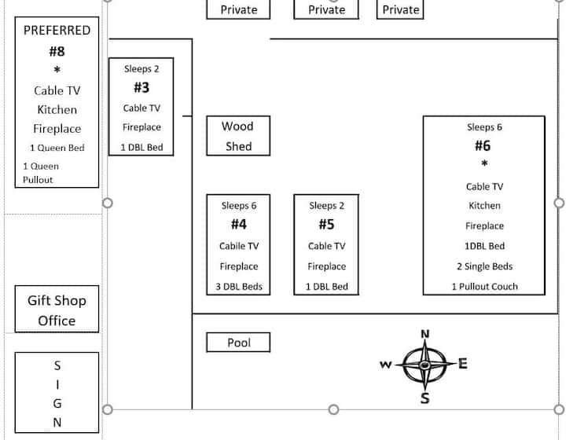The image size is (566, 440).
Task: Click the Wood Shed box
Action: (x=238, y=136)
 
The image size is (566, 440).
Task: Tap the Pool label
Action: (x=239, y=343)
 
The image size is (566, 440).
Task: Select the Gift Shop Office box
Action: (x=57, y=310)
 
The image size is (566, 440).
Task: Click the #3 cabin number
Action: (x=141, y=88)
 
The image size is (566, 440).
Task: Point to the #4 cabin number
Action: (x=239, y=225)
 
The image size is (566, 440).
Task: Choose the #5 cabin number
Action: (x=326, y=225)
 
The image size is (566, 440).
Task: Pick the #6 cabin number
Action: (x=483, y=146)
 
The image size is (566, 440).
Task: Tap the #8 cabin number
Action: (x=57, y=52)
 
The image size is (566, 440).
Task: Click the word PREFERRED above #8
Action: (x=57, y=31)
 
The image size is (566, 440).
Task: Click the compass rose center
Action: (x=424, y=365)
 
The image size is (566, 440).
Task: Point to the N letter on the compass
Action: (x=425, y=334)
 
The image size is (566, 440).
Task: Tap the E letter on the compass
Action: (x=463, y=363)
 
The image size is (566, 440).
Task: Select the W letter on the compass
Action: (x=385, y=365)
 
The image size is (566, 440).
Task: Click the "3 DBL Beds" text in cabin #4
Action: (x=239, y=287)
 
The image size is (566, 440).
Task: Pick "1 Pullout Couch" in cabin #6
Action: (x=484, y=287)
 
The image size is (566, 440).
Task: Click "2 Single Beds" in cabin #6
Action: (x=484, y=266)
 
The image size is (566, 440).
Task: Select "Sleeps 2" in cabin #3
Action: (x=141, y=69)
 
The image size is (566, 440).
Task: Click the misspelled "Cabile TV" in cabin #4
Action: (x=239, y=246)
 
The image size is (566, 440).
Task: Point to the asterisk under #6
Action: (x=484, y=164)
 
